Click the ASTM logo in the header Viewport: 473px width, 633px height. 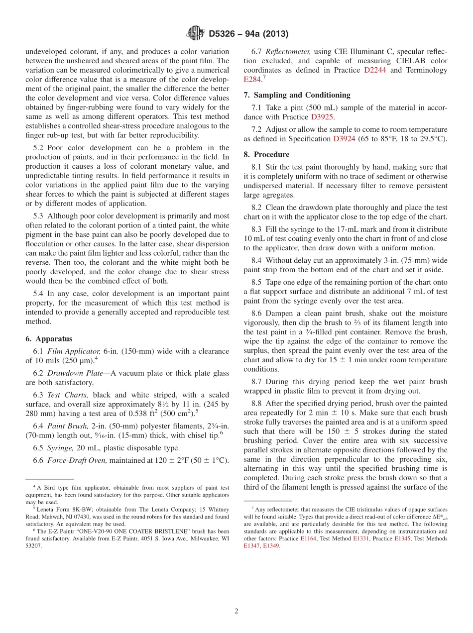pos(195,34)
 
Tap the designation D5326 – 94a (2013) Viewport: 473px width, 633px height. pos(248,34)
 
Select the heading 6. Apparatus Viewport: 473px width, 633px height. pos(49,339)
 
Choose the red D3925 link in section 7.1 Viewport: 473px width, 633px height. pos(322,117)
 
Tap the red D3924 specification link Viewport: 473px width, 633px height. pos(344,139)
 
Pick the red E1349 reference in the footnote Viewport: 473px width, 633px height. pos(271,546)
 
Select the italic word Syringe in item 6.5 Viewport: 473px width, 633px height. pos(61,448)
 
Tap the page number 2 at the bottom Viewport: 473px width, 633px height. pos(236,611)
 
